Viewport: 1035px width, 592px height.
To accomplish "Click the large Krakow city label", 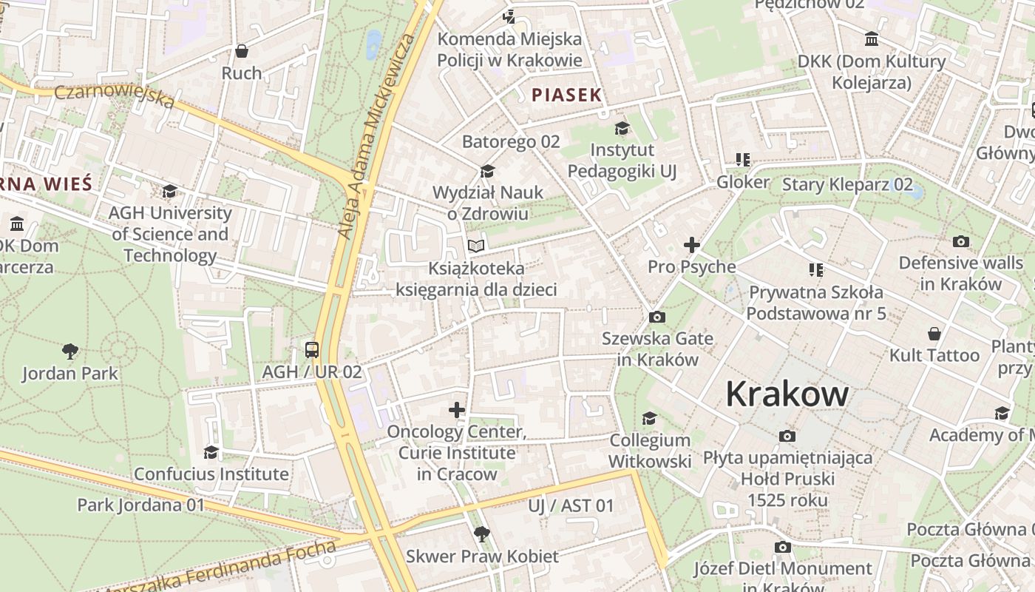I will (787, 394).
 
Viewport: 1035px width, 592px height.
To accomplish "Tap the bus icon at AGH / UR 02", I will (312, 349).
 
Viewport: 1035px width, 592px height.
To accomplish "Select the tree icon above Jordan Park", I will (70, 351).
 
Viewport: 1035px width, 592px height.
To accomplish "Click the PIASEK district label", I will (567, 95).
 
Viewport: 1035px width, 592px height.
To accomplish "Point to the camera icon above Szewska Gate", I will (656, 317).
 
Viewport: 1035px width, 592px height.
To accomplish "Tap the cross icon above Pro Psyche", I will (692, 244).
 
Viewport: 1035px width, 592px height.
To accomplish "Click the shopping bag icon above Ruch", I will (241, 51).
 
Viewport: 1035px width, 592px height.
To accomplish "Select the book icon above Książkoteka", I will (476, 245).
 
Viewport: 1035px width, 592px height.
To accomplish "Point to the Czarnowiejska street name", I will (115, 95).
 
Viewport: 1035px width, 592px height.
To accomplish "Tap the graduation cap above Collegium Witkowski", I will (649, 419).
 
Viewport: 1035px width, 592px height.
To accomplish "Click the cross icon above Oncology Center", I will (457, 409).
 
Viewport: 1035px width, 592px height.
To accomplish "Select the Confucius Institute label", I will (211, 474).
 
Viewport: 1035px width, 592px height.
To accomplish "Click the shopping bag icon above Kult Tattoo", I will (934, 334).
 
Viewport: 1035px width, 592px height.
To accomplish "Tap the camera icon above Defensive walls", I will (961, 241).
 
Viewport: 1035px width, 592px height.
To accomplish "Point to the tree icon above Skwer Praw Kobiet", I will (481, 534).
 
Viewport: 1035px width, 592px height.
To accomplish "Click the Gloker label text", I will (743, 181).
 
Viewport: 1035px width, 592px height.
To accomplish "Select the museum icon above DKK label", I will (872, 39).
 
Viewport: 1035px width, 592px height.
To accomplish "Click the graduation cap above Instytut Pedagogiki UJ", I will (622, 128).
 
